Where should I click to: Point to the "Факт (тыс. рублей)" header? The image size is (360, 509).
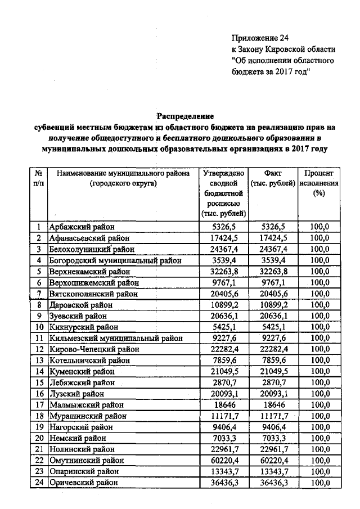point(272,178)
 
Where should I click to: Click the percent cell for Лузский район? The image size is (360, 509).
point(319,394)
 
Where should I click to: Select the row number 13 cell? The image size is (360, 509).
point(39,361)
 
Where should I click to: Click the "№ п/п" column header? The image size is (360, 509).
point(39,178)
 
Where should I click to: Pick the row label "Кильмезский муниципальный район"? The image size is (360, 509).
point(116,338)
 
